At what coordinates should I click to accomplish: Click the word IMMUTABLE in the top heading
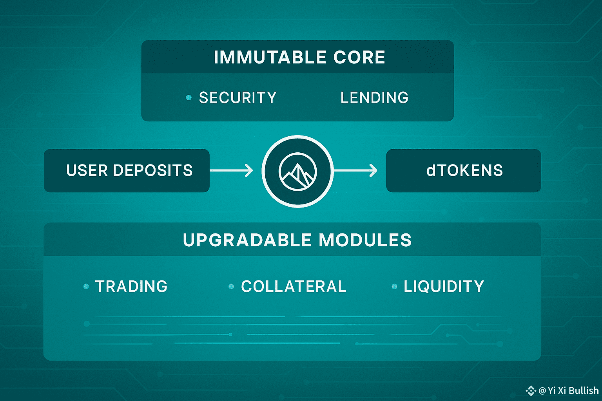pyautogui.click(x=270, y=57)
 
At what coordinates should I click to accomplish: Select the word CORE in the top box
pyautogui.click(x=359, y=57)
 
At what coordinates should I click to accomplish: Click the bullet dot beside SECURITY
pyautogui.click(x=189, y=98)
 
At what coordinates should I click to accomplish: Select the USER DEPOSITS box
pyautogui.click(x=127, y=171)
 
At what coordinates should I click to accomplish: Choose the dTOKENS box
pyautogui.click(x=464, y=171)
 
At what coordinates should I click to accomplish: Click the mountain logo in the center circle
pyautogui.click(x=298, y=172)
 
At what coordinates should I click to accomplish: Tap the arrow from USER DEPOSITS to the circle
pyautogui.click(x=231, y=171)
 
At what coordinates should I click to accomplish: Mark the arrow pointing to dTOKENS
pyautogui.click(x=355, y=170)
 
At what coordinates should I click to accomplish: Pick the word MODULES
pyautogui.click(x=365, y=240)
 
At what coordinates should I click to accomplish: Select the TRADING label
pyautogui.click(x=131, y=286)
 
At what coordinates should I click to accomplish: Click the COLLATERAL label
pyautogui.click(x=294, y=286)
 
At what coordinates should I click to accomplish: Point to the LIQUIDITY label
pyautogui.click(x=444, y=286)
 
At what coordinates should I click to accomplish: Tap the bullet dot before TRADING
pyautogui.click(x=86, y=287)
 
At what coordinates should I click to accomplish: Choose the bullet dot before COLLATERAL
pyautogui.click(x=231, y=287)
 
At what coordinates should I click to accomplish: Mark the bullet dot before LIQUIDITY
pyautogui.click(x=395, y=287)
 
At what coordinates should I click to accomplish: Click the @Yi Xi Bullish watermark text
pyautogui.click(x=569, y=390)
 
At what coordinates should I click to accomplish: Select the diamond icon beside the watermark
pyautogui.click(x=531, y=390)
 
